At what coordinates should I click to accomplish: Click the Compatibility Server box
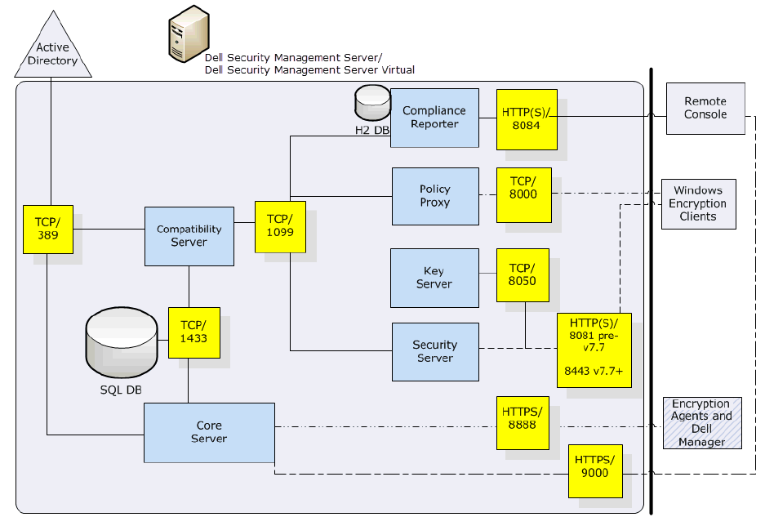(x=189, y=236)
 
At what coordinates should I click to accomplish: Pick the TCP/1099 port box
(x=280, y=225)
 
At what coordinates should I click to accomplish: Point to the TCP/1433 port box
(x=194, y=332)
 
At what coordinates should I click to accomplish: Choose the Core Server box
(x=209, y=432)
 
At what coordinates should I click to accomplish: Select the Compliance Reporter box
(x=434, y=118)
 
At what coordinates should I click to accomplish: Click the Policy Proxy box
(x=434, y=196)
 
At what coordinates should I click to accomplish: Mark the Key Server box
(x=434, y=278)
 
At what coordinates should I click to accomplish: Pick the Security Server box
(x=434, y=351)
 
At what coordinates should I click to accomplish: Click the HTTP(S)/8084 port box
(x=527, y=119)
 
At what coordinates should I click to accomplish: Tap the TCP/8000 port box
(x=523, y=195)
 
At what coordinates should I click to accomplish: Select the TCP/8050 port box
(x=523, y=274)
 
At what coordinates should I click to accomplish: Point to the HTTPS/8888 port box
(x=523, y=423)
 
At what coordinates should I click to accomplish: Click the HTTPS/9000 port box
(x=595, y=471)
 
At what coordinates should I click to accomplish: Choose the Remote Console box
(x=705, y=108)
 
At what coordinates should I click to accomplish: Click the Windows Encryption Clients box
(x=698, y=203)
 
